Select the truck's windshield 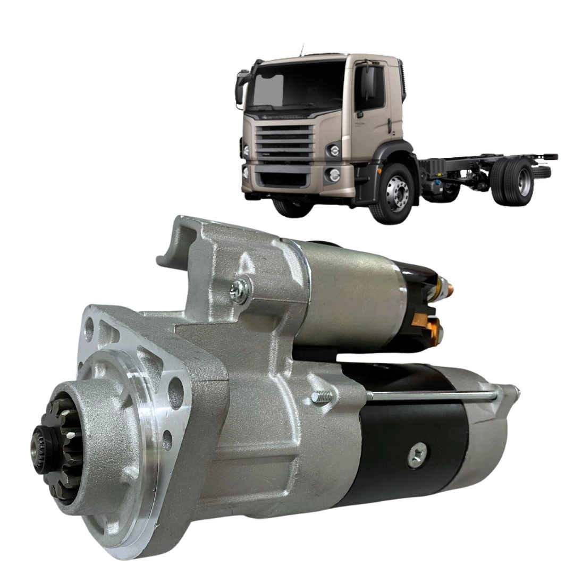tap(298, 86)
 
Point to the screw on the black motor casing tap(418, 455)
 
